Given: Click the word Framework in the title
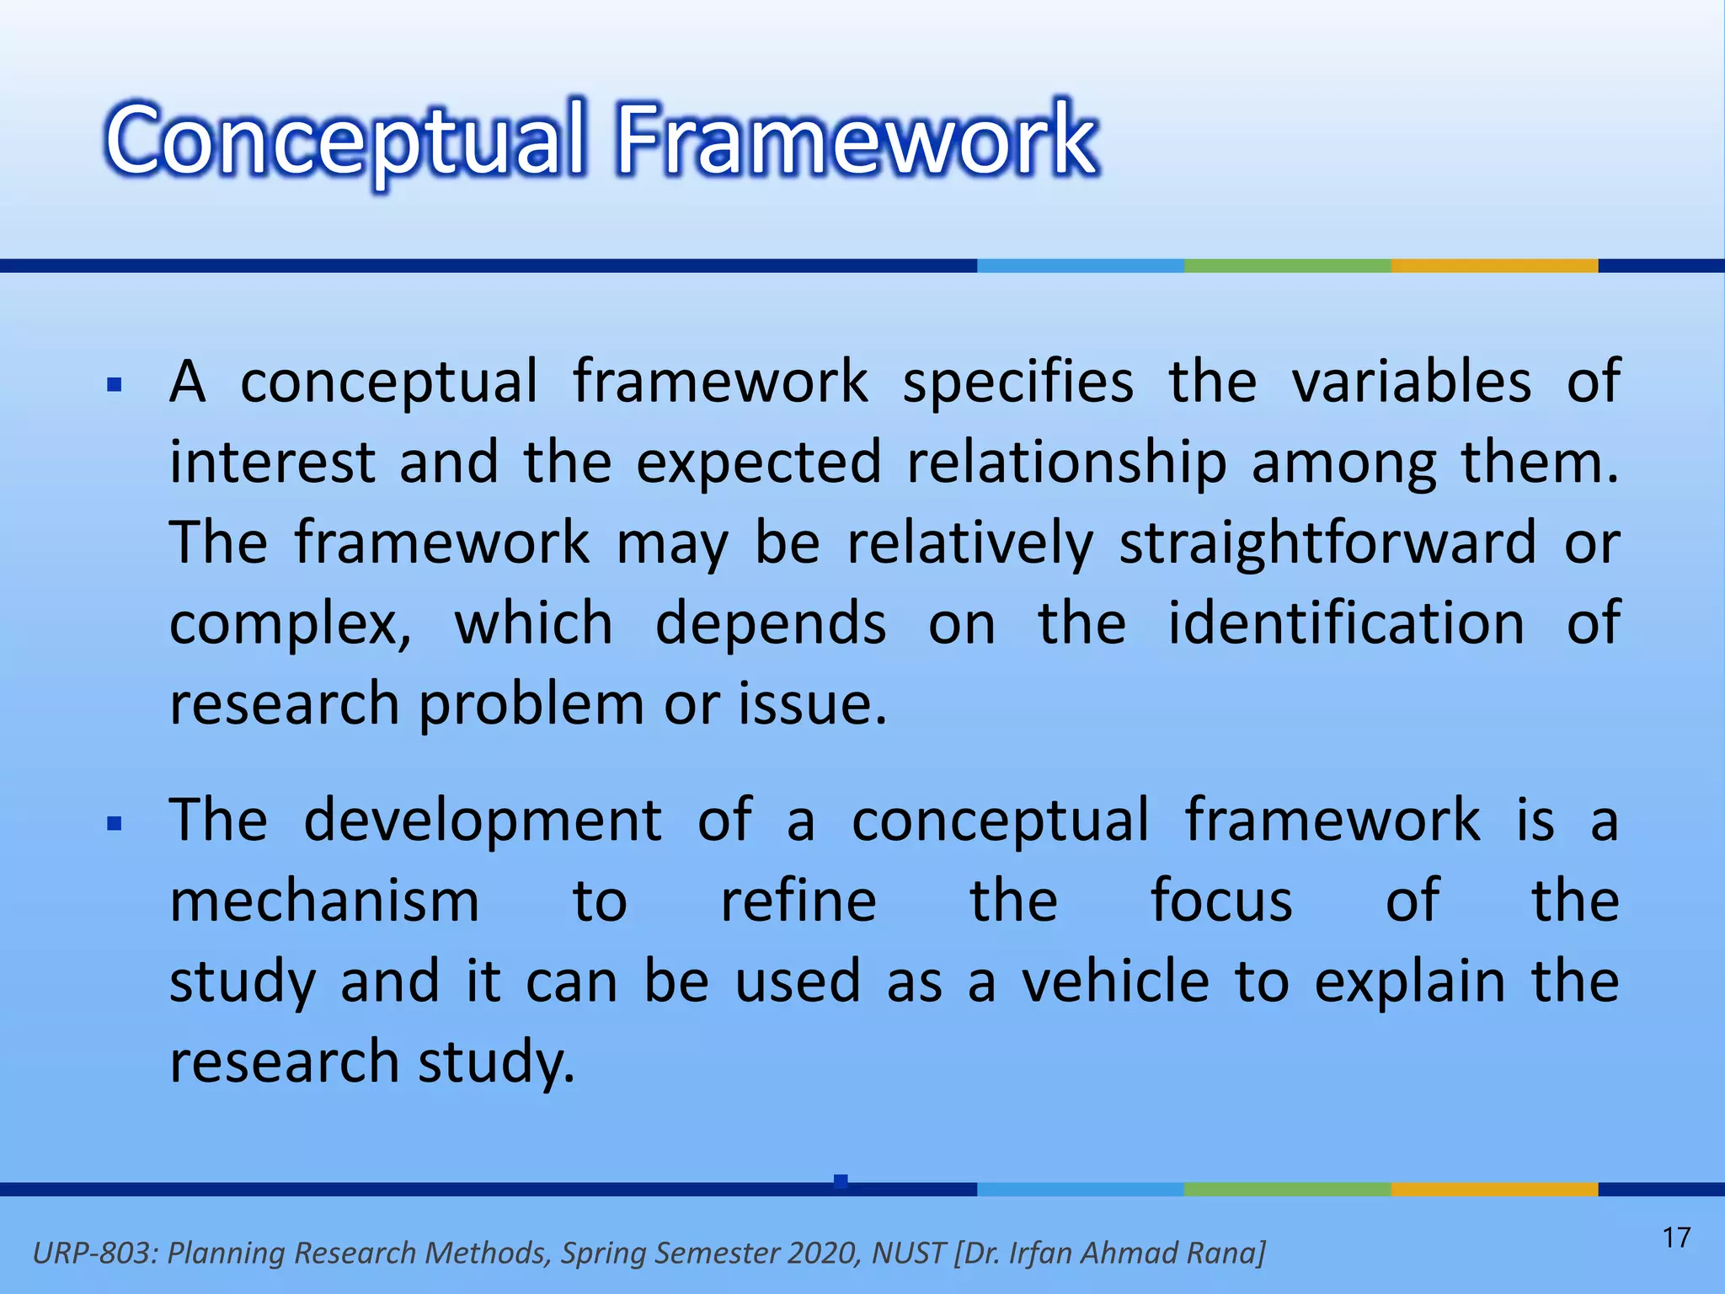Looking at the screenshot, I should coord(857,139).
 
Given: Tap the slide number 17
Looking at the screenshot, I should coord(1676,1238).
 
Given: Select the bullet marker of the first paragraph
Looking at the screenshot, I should coord(115,387).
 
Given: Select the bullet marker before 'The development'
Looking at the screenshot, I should coord(115,823).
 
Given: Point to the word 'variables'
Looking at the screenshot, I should coord(1412,382).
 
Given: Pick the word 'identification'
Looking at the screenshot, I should coord(1346,623).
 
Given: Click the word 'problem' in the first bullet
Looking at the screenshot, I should coord(531,706).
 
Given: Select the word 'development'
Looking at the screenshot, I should coord(483,821).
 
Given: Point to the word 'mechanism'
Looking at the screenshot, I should coord(324,901).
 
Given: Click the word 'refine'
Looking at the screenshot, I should coord(798,901).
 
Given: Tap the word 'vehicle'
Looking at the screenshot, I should coord(1115,982).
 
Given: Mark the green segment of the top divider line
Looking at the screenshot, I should coord(1287,265).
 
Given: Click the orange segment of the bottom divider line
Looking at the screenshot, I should coord(1494,1190).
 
